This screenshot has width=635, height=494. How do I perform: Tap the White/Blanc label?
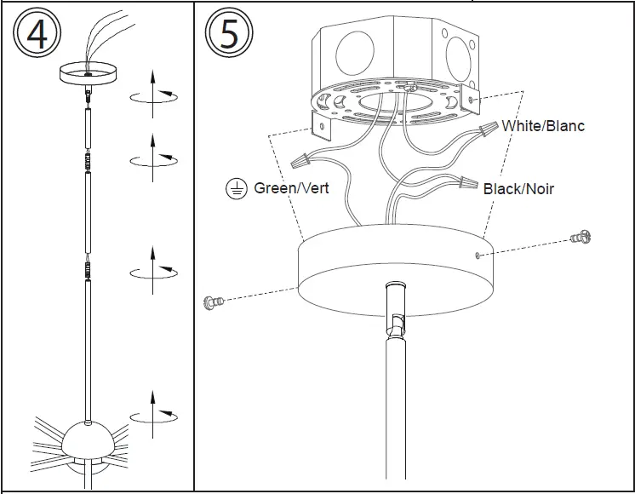click(x=543, y=126)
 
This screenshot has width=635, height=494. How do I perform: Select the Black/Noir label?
click(x=518, y=188)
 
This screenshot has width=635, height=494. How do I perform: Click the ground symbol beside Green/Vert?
click(x=236, y=189)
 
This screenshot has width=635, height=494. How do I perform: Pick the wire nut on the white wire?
click(x=488, y=129)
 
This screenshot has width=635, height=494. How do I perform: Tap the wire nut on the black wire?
click(x=464, y=181)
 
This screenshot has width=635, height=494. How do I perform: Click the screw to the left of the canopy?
click(x=213, y=301)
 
